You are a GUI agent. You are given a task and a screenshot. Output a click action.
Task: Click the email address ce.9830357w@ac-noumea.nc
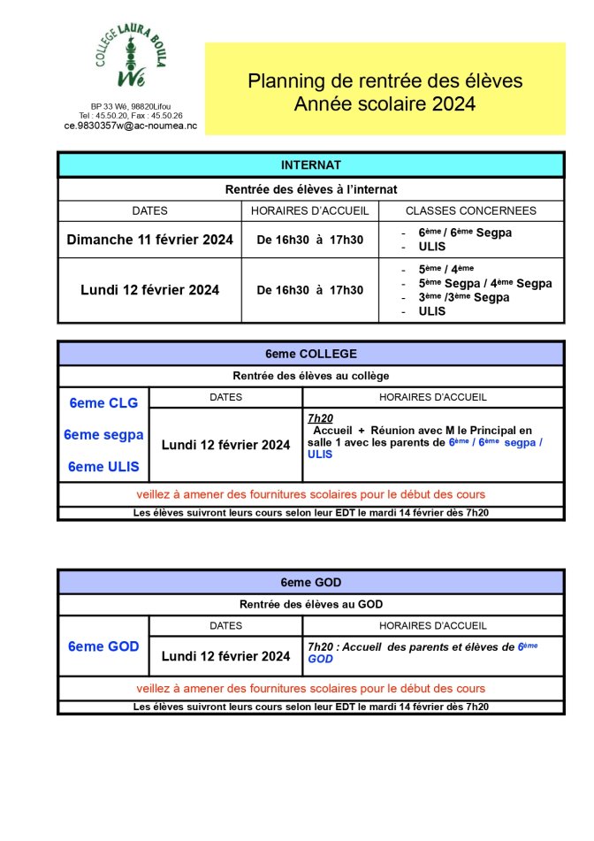click(131, 126)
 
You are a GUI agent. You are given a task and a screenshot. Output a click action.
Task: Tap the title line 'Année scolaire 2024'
click(385, 104)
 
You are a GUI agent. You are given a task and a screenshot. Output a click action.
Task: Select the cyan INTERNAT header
click(310, 165)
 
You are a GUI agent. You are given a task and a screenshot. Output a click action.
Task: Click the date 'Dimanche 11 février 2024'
click(150, 240)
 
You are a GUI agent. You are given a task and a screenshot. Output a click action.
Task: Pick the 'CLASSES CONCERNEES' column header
click(470, 211)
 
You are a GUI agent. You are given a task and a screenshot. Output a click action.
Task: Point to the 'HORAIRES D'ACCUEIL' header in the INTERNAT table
click(309, 211)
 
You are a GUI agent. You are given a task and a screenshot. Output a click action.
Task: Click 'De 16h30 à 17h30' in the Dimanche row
click(309, 240)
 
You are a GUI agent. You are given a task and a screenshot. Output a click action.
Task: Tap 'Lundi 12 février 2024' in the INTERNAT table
click(150, 290)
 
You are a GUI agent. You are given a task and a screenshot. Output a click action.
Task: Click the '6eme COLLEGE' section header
click(311, 354)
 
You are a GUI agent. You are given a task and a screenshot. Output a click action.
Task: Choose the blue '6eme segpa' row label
click(103, 435)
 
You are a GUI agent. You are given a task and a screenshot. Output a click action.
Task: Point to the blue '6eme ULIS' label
click(103, 468)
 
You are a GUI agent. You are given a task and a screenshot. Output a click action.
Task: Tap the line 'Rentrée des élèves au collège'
click(310, 377)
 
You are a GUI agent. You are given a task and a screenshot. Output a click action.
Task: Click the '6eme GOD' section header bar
click(310, 582)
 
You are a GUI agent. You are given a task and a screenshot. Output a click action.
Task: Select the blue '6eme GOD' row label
click(103, 646)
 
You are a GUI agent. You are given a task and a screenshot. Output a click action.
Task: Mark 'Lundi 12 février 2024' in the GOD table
click(225, 656)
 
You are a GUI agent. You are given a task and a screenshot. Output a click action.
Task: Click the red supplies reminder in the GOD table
click(310, 688)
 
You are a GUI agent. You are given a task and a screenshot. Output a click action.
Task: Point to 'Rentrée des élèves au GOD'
click(310, 605)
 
